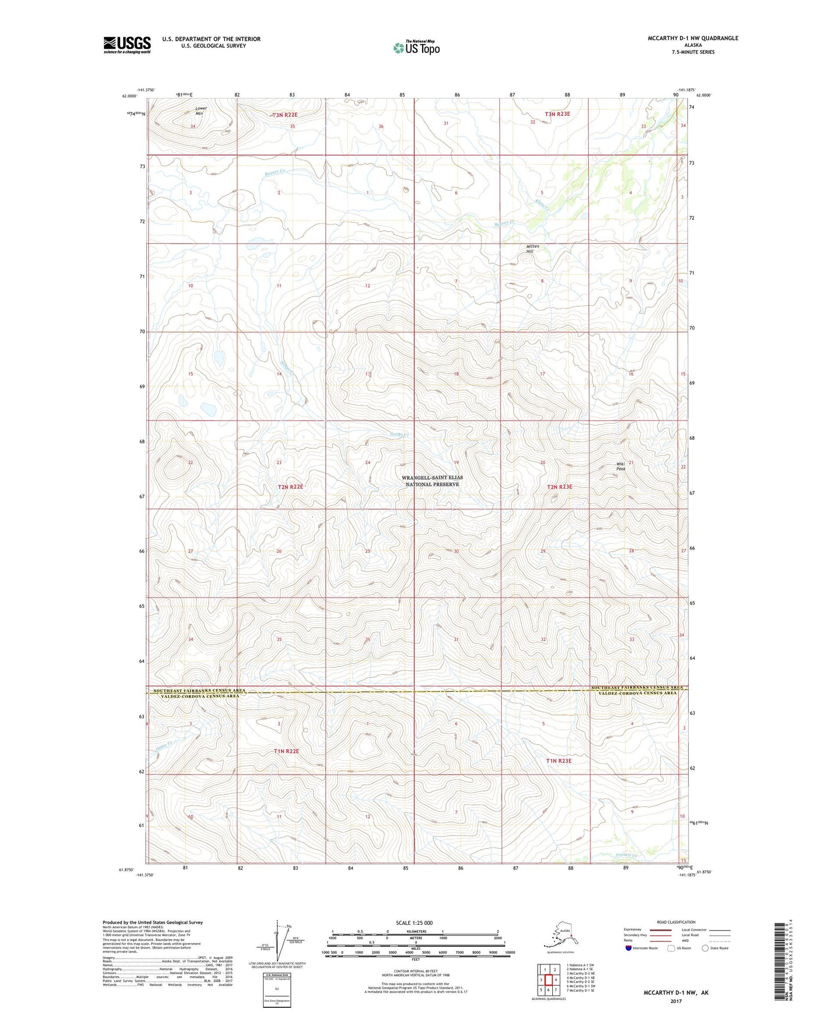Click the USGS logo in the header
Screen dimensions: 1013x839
coord(127,45)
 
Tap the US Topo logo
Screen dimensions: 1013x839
coord(416,48)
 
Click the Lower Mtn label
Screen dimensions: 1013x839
coord(200,111)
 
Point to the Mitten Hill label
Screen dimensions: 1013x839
coord(532,249)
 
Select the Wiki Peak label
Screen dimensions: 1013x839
coord(621,466)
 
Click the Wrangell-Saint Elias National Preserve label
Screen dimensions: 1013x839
coord(432,481)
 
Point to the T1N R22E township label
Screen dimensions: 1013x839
coord(286,751)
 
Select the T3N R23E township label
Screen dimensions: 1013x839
coord(557,114)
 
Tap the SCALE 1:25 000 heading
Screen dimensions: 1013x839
coord(414,923)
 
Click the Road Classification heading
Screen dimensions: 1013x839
coord(676,922)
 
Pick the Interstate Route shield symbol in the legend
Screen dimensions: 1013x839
coord(630,948)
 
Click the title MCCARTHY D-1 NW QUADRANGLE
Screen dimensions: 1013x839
coord(693,38)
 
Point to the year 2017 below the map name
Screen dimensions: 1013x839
coord(675,1001)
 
